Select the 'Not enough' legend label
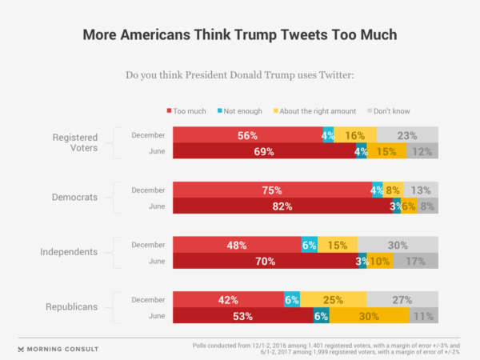click(x=240, y=110)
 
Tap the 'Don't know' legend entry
click(x=392, y=110)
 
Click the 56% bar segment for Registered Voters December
click(x=247, y=135)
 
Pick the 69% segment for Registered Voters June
click(x=265, y=151)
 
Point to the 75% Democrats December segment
click(x=272, y=190)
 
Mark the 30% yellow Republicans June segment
click(x=369, y=315)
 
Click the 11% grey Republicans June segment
click(x=424, y=315)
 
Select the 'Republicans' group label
click(x=70, y=306)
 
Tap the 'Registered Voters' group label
click(x=71, y=143)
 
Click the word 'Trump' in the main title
click(x=259, y=36)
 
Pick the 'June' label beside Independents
click(x=157, y=261)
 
